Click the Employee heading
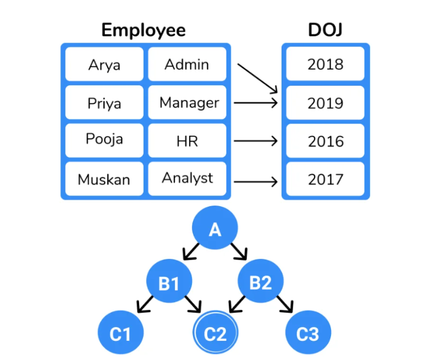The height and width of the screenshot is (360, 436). point(143,30)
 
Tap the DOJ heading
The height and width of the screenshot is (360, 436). point(325,30)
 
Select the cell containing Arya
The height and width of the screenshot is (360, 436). point(104,65)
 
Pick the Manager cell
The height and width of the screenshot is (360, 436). point(188,103)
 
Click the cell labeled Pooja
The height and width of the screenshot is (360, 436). point(104,140)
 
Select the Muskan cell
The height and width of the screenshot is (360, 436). point(104,179)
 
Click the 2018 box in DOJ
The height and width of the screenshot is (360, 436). point(325,64)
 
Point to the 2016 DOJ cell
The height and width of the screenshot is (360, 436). point(325,141)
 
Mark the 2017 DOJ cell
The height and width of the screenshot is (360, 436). point(325,179)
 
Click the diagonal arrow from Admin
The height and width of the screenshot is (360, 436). point(257,78)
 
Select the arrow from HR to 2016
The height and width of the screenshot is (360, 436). point(255,141)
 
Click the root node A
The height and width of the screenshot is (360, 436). point(214,230)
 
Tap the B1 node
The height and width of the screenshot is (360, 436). point(169,282)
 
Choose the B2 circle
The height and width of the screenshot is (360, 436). point(261,282)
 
